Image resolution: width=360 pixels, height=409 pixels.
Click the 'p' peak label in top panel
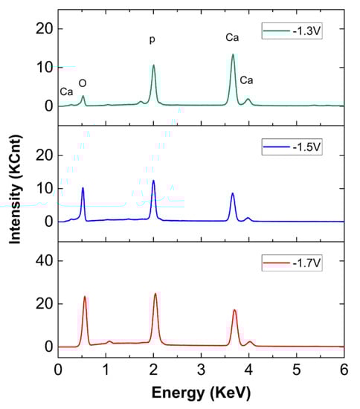pyautogui.click(x=152, y=39)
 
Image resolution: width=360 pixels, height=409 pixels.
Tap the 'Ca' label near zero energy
pyautogui.click(x=66, y=91)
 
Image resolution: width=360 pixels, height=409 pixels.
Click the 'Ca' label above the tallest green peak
pyautogui.click(x=232, y=36)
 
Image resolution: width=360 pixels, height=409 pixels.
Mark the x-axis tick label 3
pyautogui.click(x=201, y=370)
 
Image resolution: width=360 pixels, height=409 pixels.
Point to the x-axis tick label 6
pyautogui.click(x=343, y=370)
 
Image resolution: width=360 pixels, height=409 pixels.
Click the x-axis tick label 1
pyautogui.click(x=106, y=370)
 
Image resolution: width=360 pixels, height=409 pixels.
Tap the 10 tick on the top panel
pyautogui.click(x=43, y=68)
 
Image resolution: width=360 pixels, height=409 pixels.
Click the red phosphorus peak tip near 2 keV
pyautogui.click(x=155, y=294)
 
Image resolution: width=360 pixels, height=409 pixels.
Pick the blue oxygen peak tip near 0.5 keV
pyautogui.click(x=83, y=188)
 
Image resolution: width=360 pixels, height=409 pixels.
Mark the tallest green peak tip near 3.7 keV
pyautogui.click(x=233, y=54)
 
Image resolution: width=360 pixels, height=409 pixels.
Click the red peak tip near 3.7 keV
pyautogui.click(x=234, y=310)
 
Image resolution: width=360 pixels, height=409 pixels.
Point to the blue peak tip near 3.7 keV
pyautogui.click(x=233, y=193)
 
